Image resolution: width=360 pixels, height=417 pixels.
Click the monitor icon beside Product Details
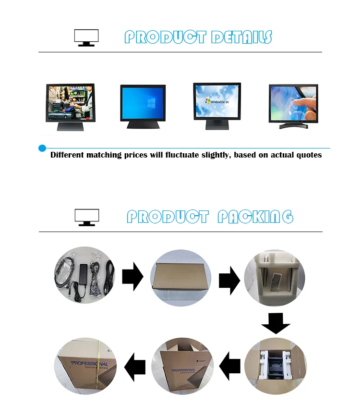click(86, 37)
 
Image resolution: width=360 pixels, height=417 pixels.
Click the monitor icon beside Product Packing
click(87, 217)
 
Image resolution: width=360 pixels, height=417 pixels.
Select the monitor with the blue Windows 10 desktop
click(143, 106)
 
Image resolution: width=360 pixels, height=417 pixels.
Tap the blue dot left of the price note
click(42, 148)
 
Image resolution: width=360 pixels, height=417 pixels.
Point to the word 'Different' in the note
click(67, 155)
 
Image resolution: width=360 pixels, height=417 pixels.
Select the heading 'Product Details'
click(198, 37)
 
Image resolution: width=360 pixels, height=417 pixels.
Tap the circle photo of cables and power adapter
click(84, 275)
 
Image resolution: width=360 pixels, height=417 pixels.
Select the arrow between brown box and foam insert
click(229, 281)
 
